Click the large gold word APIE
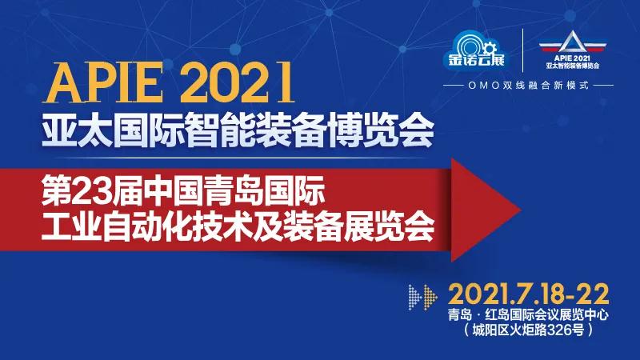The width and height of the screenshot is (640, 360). point(104,82)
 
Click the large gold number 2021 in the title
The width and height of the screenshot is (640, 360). point(237,82)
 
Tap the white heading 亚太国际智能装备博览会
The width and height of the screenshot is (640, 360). point(238,130)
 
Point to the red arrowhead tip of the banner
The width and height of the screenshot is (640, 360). point(520,210)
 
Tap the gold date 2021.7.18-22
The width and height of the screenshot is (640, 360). point(529,294)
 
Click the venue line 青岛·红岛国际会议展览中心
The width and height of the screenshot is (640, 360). point(529,314)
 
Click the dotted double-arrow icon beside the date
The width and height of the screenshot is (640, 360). point(423,297)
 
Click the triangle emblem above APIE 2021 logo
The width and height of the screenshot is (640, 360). point(573,42)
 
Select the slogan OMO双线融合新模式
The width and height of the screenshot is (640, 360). point(529,86)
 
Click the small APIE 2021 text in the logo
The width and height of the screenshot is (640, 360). point(573,58)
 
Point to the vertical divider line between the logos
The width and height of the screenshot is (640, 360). point(523,50)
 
